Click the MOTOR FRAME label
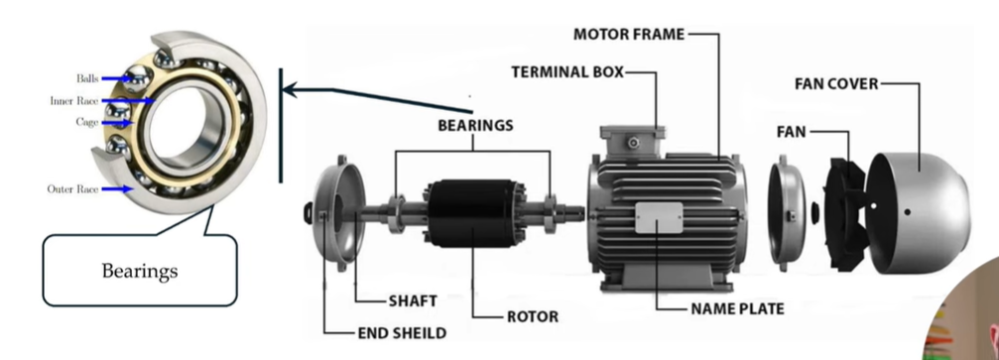tap(628, 35)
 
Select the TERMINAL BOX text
tap(568, 72)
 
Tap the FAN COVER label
tap(835, 84)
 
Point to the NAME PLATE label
tap(737, 308)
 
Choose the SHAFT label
tap(414, 299)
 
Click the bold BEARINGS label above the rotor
tap(475, 126)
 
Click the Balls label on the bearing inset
tap(87, 78)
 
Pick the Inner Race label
tap(72, 101)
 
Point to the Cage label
tap(86, 122)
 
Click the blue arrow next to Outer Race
tap(116, 188)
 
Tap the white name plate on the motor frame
tap(657, 217)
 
